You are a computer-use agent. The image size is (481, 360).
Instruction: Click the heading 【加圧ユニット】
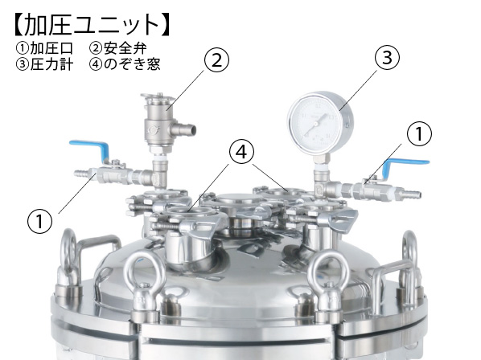coord(92,25)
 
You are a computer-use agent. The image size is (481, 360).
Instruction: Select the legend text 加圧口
coord(51,48)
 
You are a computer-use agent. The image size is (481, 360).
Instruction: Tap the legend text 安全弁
coord(125,48)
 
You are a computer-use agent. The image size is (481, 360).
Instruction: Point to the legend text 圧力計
coord(51,64)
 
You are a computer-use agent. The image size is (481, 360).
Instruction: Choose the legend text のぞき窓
coord(132,64)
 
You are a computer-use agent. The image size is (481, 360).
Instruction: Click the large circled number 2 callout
coord(217,60)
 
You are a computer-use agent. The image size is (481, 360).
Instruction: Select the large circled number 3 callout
coord(388,57)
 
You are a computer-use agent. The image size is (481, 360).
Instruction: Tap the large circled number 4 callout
coord(242,152)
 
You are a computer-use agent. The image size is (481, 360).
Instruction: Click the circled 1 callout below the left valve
coord(40,221)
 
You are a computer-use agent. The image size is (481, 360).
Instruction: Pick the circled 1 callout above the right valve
coord(419,134)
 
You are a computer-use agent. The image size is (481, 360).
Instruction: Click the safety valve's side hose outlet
coord(185,129)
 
